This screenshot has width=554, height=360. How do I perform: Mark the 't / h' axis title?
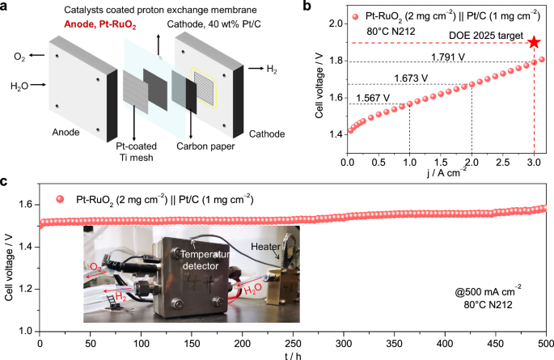(x=293, y=354)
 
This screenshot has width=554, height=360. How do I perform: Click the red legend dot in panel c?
(x=58, y=198)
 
